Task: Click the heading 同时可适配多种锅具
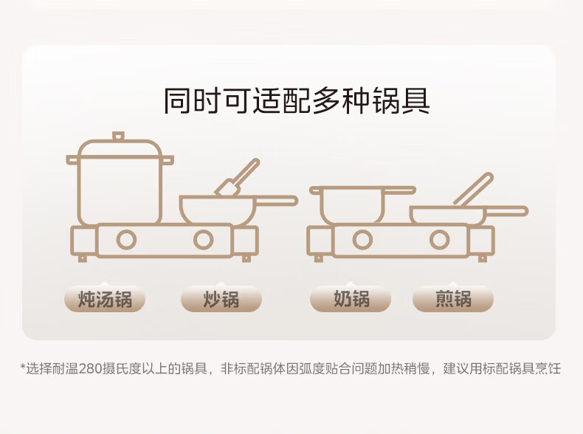tap(297, 100)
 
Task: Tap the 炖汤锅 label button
tap(105, 299)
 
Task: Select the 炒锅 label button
tap(221, 299)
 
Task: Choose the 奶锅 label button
tap(351, 299)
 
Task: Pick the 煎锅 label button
tap(453, 299)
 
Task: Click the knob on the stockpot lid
tap(118, 136)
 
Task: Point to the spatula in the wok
tap(238, 178)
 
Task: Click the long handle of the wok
tap(276, 201)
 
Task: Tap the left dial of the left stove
tap(126, 240)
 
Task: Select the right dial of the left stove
tap(204, 240)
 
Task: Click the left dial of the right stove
tap(362, 240)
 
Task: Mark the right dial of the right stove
tap(440, 240)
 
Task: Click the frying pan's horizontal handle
tap(506, 211)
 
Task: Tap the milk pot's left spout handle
tap(315, 190)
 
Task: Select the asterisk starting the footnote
tap(23, 367)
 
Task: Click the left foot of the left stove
tap(83, 258)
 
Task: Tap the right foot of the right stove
tap(483, 258)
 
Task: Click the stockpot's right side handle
tap(168, 161)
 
